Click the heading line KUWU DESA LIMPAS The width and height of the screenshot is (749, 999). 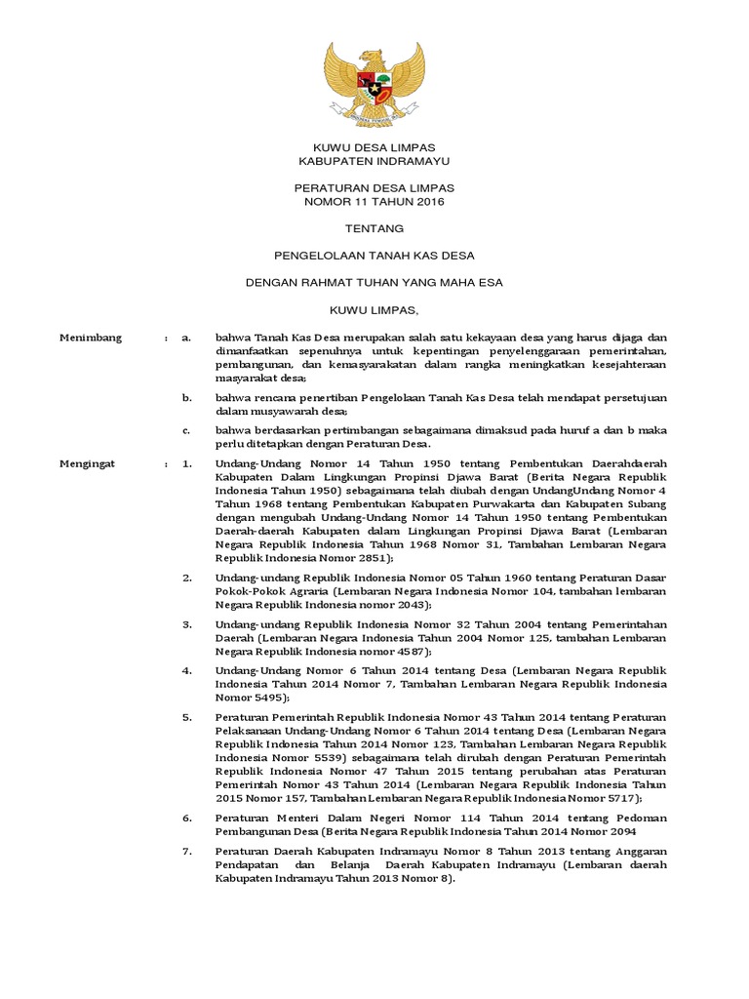point(374,145)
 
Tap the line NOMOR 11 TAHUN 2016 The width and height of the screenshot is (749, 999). point(374,201)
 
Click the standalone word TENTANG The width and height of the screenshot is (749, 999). point(374,228)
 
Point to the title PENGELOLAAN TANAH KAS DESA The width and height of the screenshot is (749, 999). point(374,256)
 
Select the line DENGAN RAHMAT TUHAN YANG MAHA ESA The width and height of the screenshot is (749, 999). point(374,283)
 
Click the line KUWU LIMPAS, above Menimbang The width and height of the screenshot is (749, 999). point(374,311)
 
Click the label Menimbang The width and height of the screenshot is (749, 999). point(91,338)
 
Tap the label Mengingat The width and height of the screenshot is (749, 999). point(88,464)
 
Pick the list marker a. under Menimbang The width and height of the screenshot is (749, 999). point(188,338)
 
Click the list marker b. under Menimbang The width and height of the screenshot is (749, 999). point(188,398)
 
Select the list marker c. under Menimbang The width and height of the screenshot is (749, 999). point(188,430)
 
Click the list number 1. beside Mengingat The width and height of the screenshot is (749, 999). point(188,464)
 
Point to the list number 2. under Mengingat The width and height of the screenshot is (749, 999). point(188,579)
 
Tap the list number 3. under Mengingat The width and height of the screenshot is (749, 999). point(188,623)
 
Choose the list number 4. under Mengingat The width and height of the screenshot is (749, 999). point(188,670)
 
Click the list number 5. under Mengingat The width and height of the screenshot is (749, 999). point(188,716)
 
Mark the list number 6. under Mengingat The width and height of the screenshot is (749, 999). point(188,817)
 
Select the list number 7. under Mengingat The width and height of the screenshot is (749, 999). point(188,851)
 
